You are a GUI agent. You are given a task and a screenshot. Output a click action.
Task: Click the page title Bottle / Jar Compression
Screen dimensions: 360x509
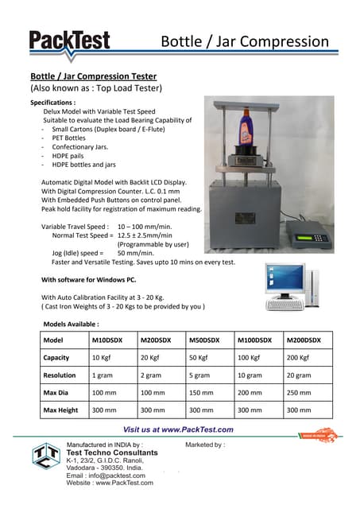pyautogui.click(x=244, y=41)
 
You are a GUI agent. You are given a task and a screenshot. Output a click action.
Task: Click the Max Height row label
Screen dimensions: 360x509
pyautogui.click(x=60, y=410)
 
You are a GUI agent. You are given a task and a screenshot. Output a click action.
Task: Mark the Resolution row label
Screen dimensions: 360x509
pyautogui.click(x=60, y=375)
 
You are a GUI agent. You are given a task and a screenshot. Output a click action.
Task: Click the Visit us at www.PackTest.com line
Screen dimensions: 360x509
pyautogui.click(x=178, y=429)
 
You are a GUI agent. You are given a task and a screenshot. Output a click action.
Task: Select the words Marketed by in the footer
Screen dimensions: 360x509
pyautogui.click(x=204, y=445)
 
